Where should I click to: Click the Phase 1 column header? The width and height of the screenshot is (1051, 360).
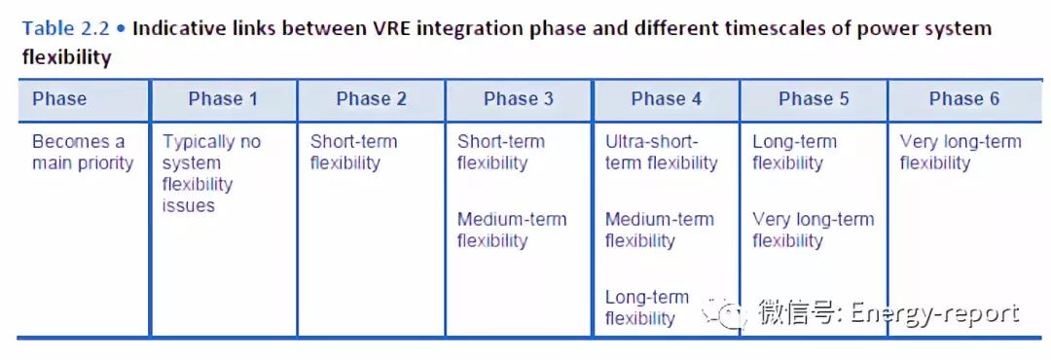click(x=223, y=99)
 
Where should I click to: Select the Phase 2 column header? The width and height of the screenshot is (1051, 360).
click(x=372, y=99)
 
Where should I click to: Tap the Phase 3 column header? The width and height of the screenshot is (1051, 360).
click(x=518, y=99)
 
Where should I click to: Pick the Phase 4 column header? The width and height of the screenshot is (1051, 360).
click(x=667, y=99)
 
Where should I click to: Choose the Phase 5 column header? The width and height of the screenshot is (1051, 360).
click(x=814, y=99)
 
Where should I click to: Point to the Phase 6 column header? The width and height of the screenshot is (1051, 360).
click(x=963, y=99)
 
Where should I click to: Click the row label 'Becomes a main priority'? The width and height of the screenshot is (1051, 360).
click(x=83, y=152)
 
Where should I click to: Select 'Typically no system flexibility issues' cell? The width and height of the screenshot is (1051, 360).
click(x=211, y=173)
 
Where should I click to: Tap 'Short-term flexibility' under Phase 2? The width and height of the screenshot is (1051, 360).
click(x=353, y=152)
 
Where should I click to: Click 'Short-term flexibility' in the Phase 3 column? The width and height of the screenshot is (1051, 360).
click(x=501, y=152)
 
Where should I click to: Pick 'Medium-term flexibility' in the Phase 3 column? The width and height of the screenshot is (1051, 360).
click(x=512, y=230)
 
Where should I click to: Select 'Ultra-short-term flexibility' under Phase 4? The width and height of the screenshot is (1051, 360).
click(x=661, y=152)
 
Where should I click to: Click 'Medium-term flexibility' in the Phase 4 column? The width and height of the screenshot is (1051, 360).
click(x=660, y=230)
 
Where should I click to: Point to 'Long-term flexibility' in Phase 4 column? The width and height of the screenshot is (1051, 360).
click(x=647, y=307)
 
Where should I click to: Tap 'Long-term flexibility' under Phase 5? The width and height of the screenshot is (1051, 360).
click(x=794, y=152)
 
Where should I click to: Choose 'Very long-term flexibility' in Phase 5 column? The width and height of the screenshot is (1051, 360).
click(x=813, y=230)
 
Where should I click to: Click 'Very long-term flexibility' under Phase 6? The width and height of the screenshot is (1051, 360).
click(x=960, y=152)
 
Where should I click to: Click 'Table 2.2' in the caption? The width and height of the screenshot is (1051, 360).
click(x=65, y=29)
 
